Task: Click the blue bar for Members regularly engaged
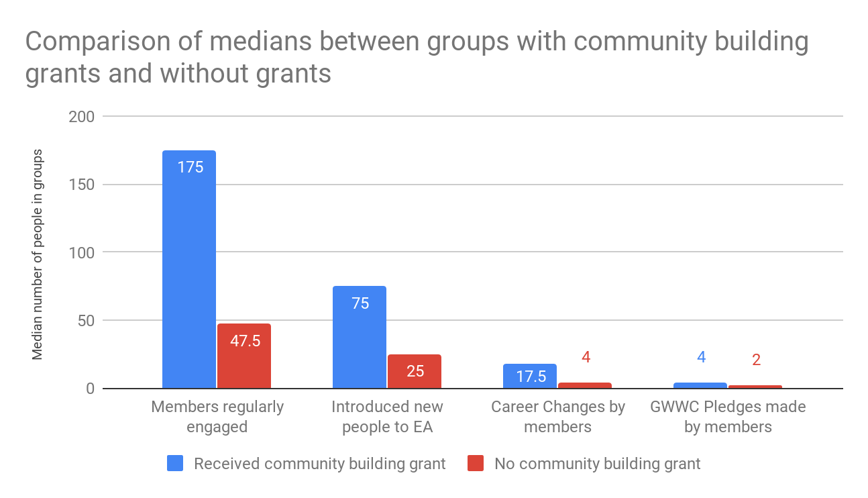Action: (x=189, y=268)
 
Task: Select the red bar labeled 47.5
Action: (x=244, y=356)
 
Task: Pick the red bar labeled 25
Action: (x=415, y=371)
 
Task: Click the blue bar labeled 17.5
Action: (x=530, y=376)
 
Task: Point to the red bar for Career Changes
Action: (x=585, y=385)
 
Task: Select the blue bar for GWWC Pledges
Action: (x=700, y=385)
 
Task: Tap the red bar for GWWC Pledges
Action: (x=755, y=387)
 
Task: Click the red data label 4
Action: (x=586, y=357)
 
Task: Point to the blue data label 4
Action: (x=701, y=357)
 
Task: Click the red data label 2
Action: (x=756, y=360)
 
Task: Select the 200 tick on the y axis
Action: (x=81, y=117)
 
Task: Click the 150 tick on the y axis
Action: (x=81, y=185)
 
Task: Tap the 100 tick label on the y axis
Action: (x=81, y=252)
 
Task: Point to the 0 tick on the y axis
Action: (x=89, y=389)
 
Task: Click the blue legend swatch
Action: (x=175, y=463)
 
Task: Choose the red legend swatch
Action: (x=476, y=463)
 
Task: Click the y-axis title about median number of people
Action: (x=38, y=254)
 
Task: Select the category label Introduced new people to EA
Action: (x=388, y=417)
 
